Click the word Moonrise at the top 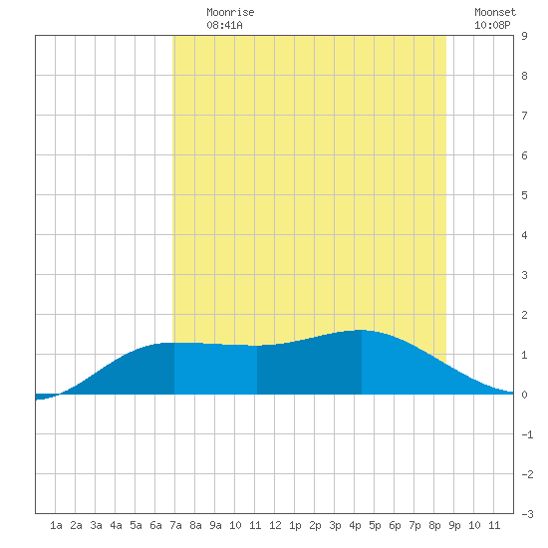230,12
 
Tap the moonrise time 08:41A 224,25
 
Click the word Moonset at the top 495,12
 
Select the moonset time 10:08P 492,25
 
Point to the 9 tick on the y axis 524,36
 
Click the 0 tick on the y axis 524,395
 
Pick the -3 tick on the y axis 527,514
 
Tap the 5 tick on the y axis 524,195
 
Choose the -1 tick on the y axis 527,434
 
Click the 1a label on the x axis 56,525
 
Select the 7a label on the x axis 175,525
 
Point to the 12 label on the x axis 275,525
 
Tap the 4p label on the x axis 355,525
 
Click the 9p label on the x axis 454,525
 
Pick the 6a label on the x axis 155,525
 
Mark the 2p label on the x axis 315,525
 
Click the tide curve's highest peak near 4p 361,330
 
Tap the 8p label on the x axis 434,525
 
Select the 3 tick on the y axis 524,275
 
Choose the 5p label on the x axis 375,525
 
